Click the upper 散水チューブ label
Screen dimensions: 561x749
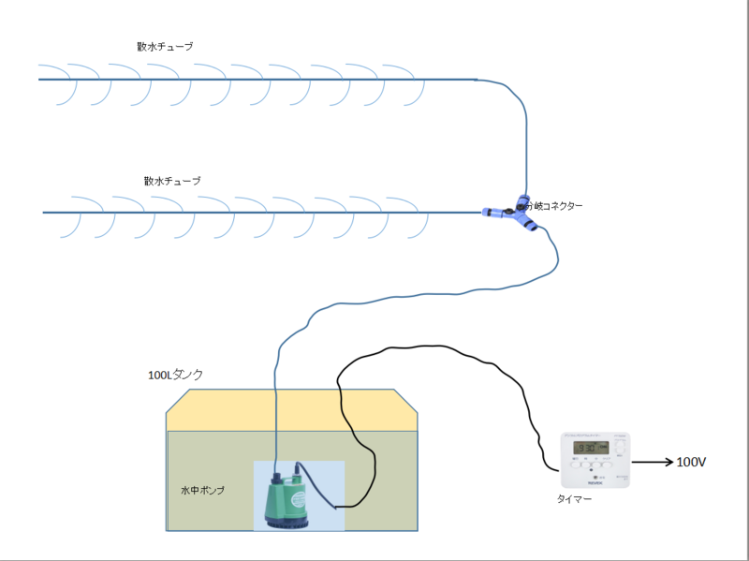click(164, 46)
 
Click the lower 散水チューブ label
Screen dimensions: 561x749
click(172, 181)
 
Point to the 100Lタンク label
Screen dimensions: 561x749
click(175, 375)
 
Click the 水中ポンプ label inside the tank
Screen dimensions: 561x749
click(203, 490)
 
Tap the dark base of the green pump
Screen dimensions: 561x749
click(285, 523)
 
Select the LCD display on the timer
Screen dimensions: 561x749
click(592, 447)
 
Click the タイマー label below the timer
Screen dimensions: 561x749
click(574, 499)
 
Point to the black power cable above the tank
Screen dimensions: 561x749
click(421, 350)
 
